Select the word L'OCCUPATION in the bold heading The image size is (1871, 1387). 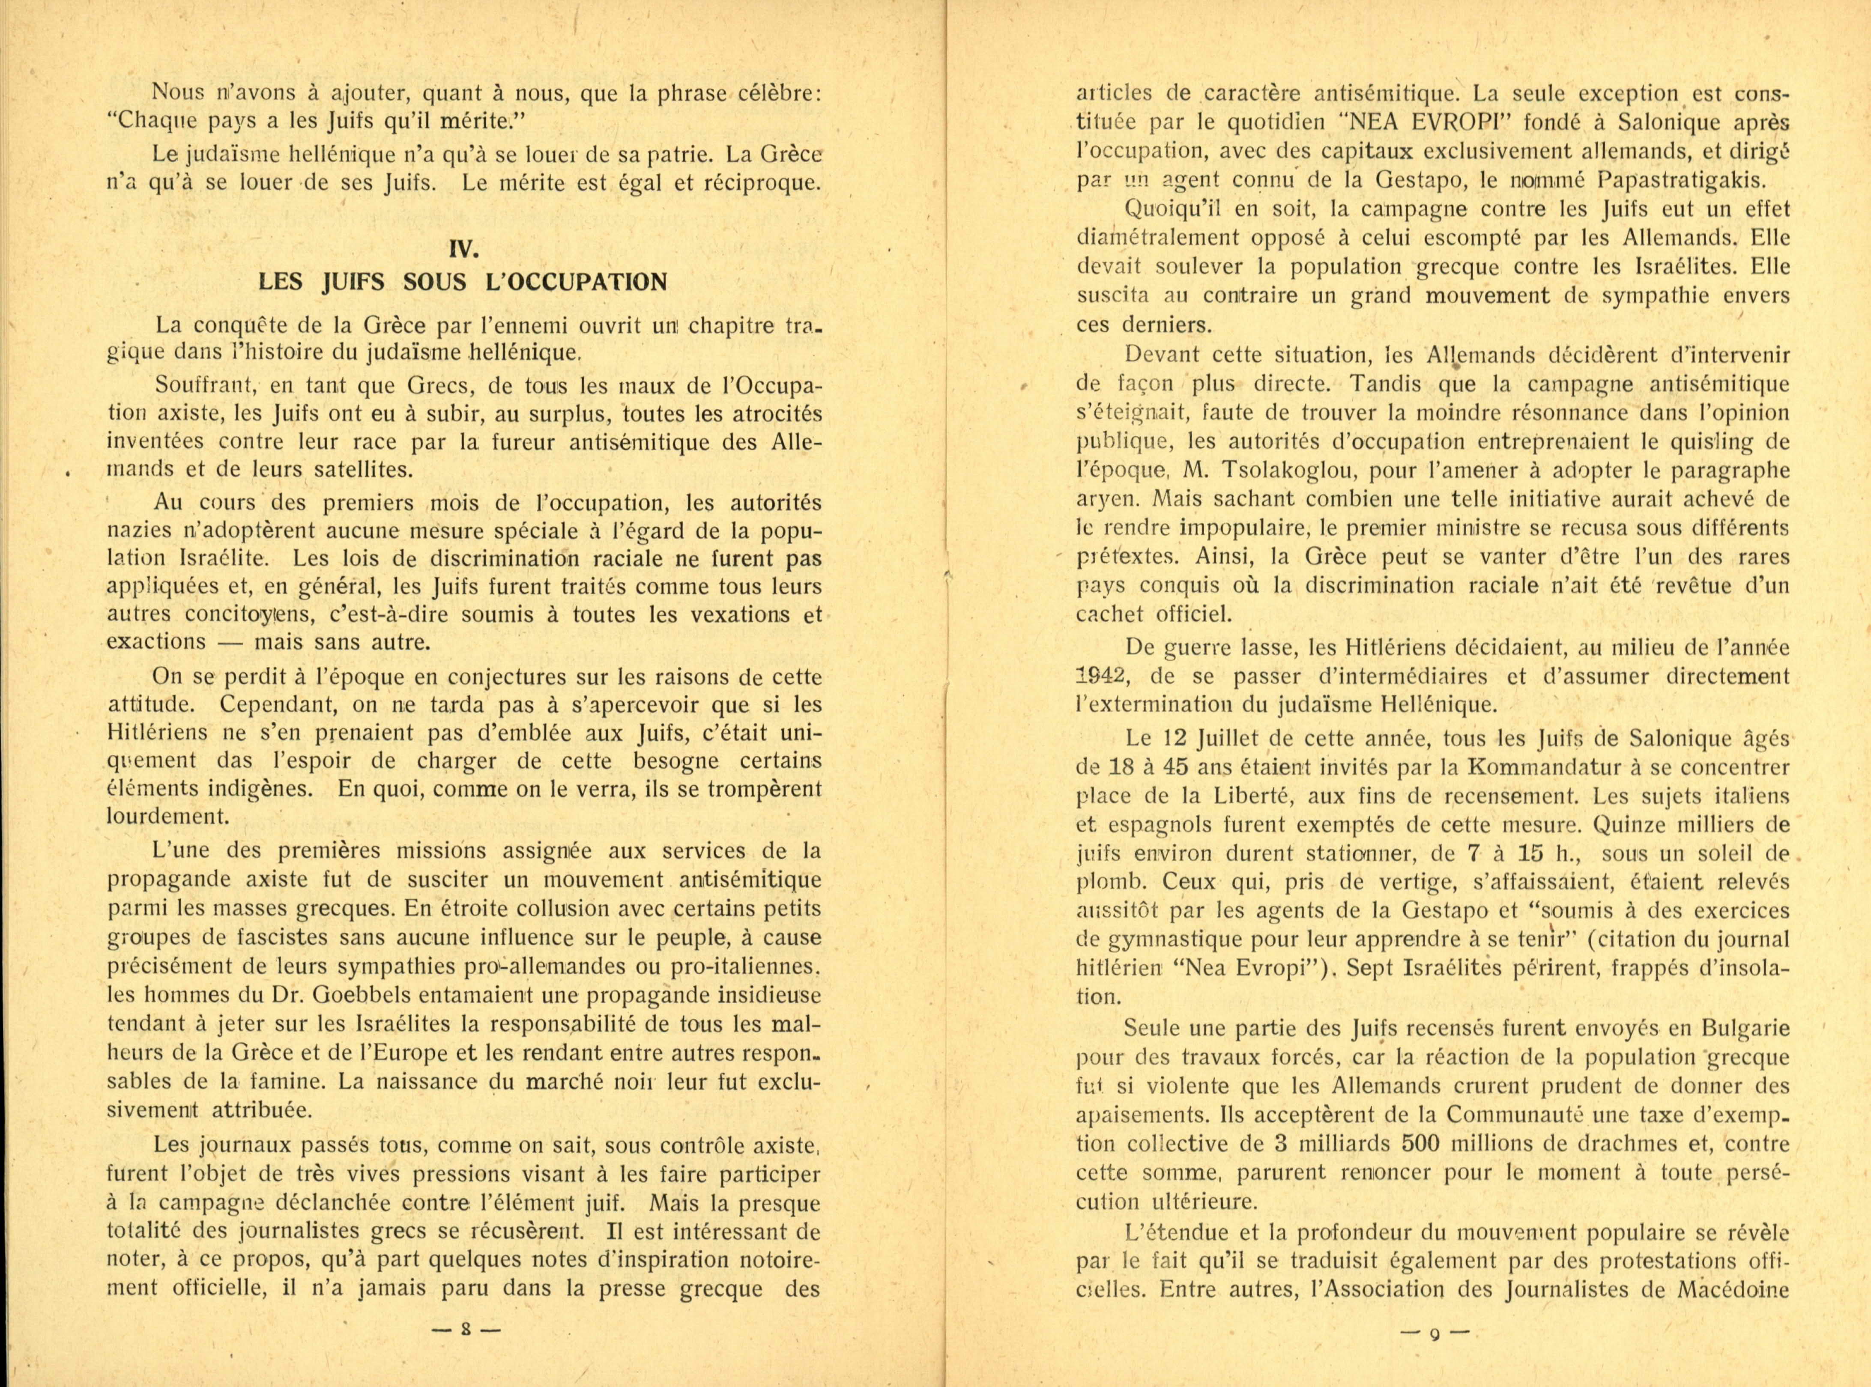[x=576, y=282]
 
